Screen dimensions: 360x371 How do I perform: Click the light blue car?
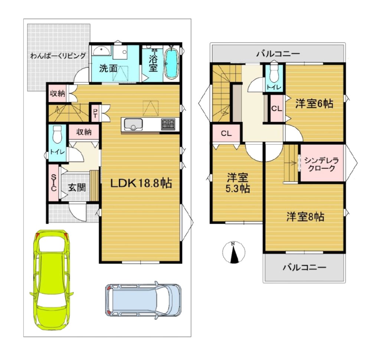143,300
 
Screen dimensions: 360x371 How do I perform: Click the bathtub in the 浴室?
171,63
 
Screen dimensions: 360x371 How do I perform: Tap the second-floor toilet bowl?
274,74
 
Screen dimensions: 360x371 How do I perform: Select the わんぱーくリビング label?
58,56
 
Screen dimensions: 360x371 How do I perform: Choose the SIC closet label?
53,183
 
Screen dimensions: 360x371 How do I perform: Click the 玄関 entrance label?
77,187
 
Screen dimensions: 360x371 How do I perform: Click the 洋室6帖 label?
314,104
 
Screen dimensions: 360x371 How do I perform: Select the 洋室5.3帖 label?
238,183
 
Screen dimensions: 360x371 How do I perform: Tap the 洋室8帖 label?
305,217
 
